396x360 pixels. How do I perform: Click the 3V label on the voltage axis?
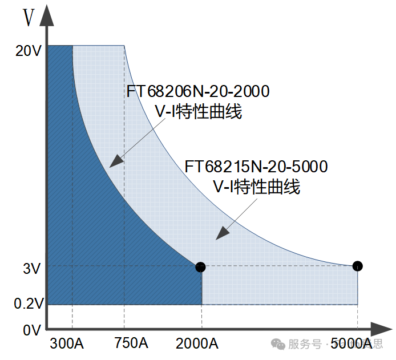tap(32, 268)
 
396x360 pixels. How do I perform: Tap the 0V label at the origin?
tap(31, 330)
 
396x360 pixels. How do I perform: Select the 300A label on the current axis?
tap(67, 344)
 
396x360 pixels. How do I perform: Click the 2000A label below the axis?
tap(197, 344)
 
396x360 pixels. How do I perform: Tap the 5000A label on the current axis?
tap(351, 344)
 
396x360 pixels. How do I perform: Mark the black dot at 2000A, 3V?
tap(200, 266)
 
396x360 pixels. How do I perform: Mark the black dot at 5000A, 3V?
tap(357, 265)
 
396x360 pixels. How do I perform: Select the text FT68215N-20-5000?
tap(256, 167)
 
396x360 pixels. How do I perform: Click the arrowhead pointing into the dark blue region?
tap(116, 161)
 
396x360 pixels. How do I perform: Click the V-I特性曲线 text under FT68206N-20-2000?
tap(199, 112)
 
